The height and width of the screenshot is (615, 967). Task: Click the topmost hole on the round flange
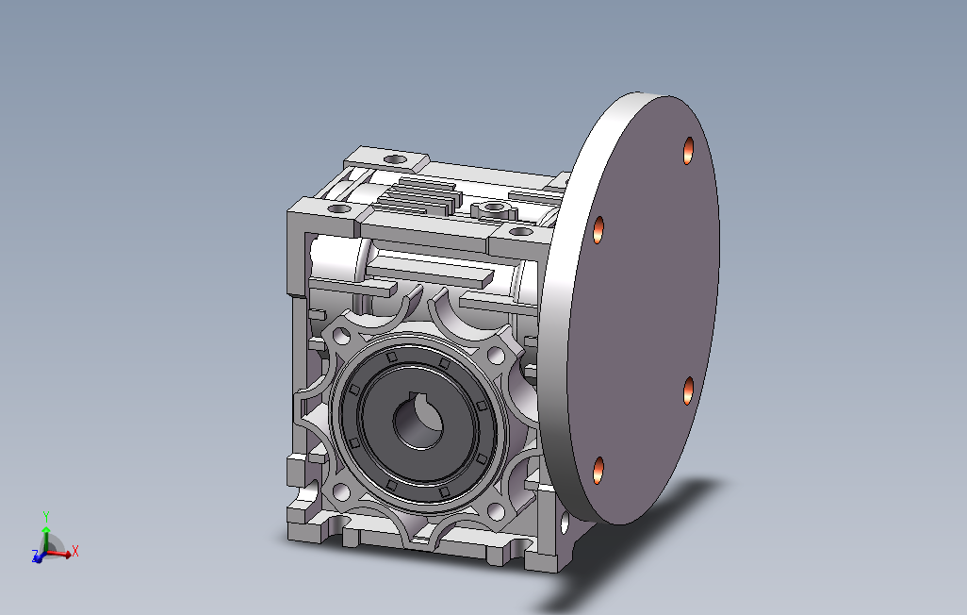tap(688, 151)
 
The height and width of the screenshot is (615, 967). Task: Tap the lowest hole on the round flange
tap(598, 471)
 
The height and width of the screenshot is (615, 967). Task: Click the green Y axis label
tap(45, 516)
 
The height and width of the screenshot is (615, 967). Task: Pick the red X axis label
tap(75, 551)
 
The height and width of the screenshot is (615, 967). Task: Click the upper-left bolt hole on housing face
tap(341, 337)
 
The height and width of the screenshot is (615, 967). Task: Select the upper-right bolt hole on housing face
tap(496, 355)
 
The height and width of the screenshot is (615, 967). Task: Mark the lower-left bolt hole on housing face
tap(341, 492)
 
